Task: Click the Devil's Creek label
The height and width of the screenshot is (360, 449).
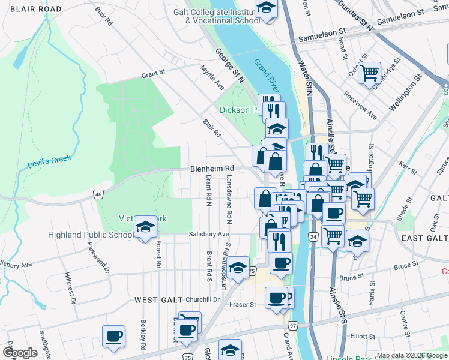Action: pyautogui.click(x=49, y=161)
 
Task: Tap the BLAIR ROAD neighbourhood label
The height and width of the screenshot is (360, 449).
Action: pyautogui.click(x=31, y=9)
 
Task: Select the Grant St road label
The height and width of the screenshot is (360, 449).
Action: pyautogui.click(x=153, y=74)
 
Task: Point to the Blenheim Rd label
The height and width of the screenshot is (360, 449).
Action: pyautogui.click(x=211, y=169)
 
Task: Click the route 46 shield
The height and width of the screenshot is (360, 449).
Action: pyautogui.click(x=99, y=194)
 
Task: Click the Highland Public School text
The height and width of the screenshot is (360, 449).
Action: pyautogui.click(x=91, y=235)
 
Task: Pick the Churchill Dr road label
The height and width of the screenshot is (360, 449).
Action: pyautogui.click(x=203, y=299)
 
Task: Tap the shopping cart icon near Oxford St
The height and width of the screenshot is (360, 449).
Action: pyautogui.click(x=369, y=73)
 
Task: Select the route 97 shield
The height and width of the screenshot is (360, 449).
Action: pyautogui.click(x=293, y=325)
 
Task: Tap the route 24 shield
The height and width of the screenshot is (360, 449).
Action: pyautogui.click(x=313, y=238)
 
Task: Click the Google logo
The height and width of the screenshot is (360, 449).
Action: pyautogui.click(x=20, y=353)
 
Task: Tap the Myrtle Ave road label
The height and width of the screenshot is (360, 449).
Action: pyautogui.click(x=212, y=78)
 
